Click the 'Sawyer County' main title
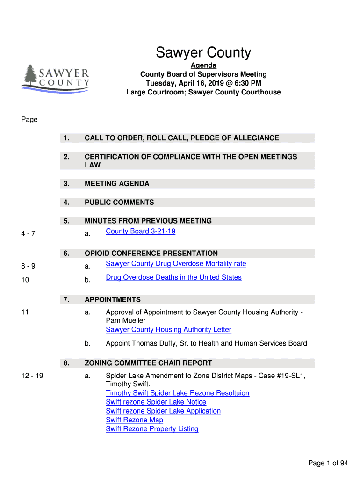(203, 52)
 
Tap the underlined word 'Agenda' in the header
(203, 65)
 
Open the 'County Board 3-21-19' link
(140, 231)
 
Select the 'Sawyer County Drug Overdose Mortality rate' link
(176, 264)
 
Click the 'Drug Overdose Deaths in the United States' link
(173, 277)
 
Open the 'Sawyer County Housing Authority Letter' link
(168, 329)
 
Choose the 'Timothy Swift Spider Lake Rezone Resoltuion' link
(177, 393)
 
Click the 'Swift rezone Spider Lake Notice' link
(156, 402)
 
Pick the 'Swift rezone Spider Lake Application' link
(163, 411)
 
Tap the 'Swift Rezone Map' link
(134, 420)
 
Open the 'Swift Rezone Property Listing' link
(152, 429)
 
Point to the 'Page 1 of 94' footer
(328, 463)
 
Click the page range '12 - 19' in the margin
(32, 375)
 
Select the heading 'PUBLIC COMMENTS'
(119, 203)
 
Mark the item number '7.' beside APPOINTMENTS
(66, 299)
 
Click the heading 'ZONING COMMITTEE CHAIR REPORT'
(148, 363)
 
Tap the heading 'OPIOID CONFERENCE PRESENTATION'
(151, 254)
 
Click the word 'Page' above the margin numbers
(29, 120)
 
